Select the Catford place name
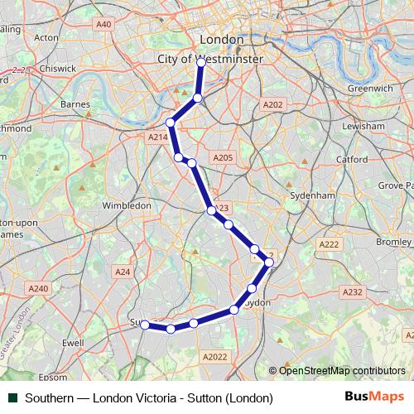click(x=354, y=158)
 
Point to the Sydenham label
click(x=310, y=195)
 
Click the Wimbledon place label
click(x=127, y=205)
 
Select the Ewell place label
click(x=73, y=342)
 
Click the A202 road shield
click(x=272, y=104)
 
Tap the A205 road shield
click(x=222, y=157)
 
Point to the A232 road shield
click(x=353, y=292)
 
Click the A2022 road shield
click(x=214, y=356)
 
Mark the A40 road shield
click(x=103, y=25)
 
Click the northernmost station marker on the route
click(x=201, y=62)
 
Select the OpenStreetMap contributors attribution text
click(x=341, y=371)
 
